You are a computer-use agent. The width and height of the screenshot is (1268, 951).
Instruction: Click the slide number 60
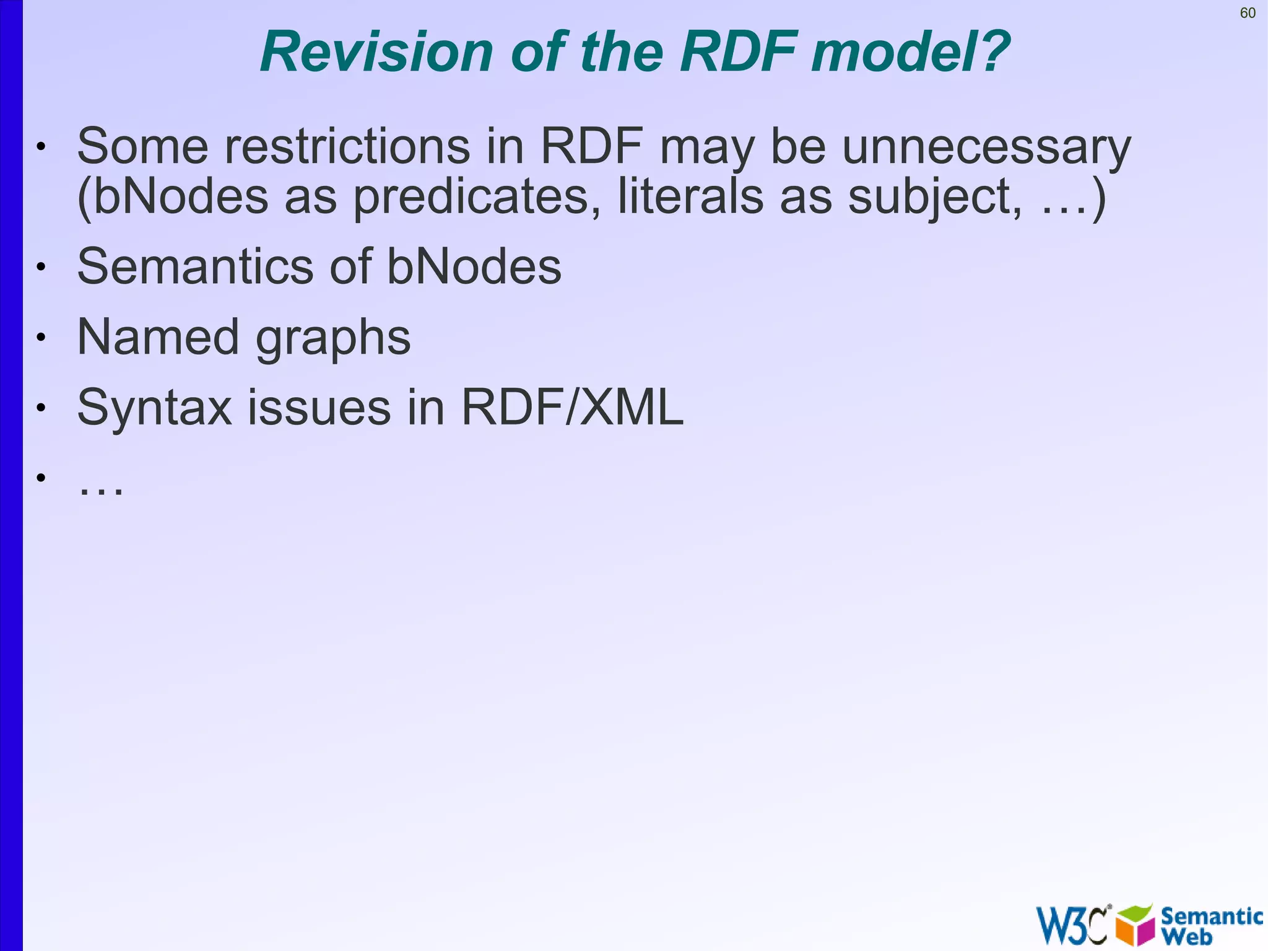tap(1248, 13)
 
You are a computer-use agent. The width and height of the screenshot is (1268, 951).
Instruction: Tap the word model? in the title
tap(911, 52)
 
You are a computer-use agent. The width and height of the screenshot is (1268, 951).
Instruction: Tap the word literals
tap(690, 197)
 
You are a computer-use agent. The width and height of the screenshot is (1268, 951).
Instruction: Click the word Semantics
tap(195, 266)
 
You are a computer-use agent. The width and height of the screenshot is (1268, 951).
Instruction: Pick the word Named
tap(158, 337)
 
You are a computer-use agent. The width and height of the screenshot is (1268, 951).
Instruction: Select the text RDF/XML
tap(573, 408)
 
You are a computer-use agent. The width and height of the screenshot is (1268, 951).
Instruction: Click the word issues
tap(319, 408)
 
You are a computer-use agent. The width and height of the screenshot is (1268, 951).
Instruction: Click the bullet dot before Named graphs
tap(41, 338)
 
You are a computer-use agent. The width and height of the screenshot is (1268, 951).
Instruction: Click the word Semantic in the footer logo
tap(1212, 916)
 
